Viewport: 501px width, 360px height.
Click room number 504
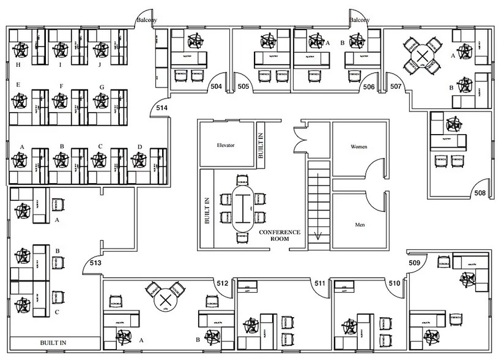click(x=216, y=87)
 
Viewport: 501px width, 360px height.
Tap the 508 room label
click(x=480, y=193)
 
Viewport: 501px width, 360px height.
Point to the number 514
click(x=161, y=108)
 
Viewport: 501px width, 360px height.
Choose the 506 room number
click(x=368, y=87)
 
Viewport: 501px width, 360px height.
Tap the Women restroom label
click(x=358, y=148)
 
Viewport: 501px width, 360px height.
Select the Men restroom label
click(x=360, y=225)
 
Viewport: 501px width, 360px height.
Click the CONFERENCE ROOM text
click(x=280, y=236)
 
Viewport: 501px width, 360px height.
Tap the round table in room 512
click(x=165, y=300)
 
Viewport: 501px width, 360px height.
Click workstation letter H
click(x=19, y=64)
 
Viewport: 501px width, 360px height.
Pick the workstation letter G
click(x=102, y=87)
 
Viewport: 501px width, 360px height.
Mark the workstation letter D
click(x=139, y=146)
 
